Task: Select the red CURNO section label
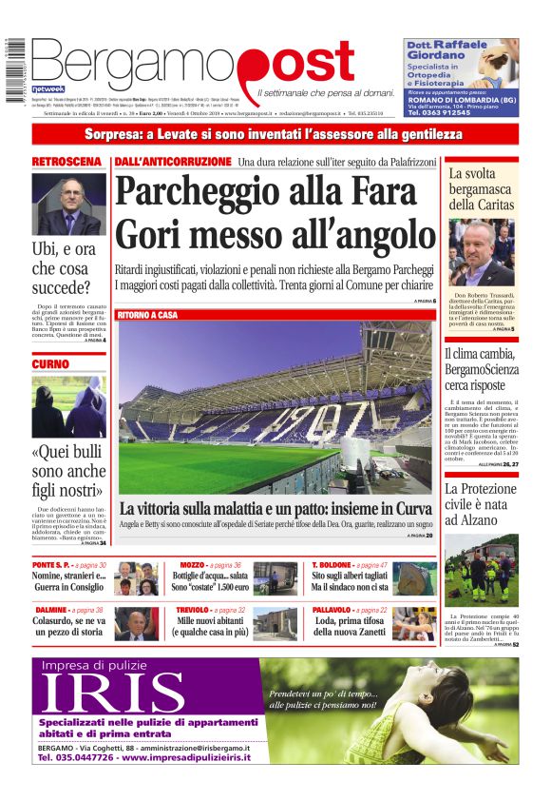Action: point(50,363)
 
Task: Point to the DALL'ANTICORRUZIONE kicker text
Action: point(173,162)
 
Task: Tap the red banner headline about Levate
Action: point(275,135)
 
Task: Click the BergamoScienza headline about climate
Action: point(482,370)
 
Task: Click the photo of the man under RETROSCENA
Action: point(69,205)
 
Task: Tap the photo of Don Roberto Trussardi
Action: point(482,252)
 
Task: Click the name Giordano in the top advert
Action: point(434,54)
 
